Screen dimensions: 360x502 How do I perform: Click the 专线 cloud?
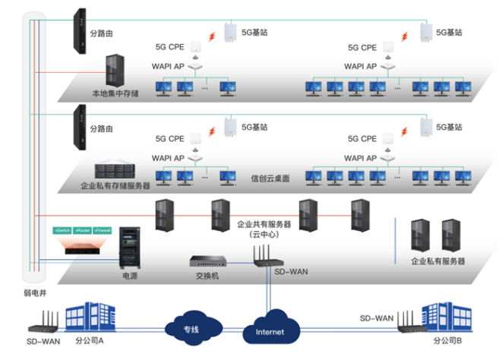click(191, 328)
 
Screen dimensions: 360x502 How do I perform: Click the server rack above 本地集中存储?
click(115, 71)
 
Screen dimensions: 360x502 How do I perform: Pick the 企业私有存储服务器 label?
click(115, 185)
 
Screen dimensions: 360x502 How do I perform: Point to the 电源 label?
click(131, 277)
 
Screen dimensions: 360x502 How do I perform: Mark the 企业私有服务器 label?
click(437, 261)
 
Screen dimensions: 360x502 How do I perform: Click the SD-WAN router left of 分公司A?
click(43, 324)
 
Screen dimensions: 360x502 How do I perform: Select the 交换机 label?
click(205, 276)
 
